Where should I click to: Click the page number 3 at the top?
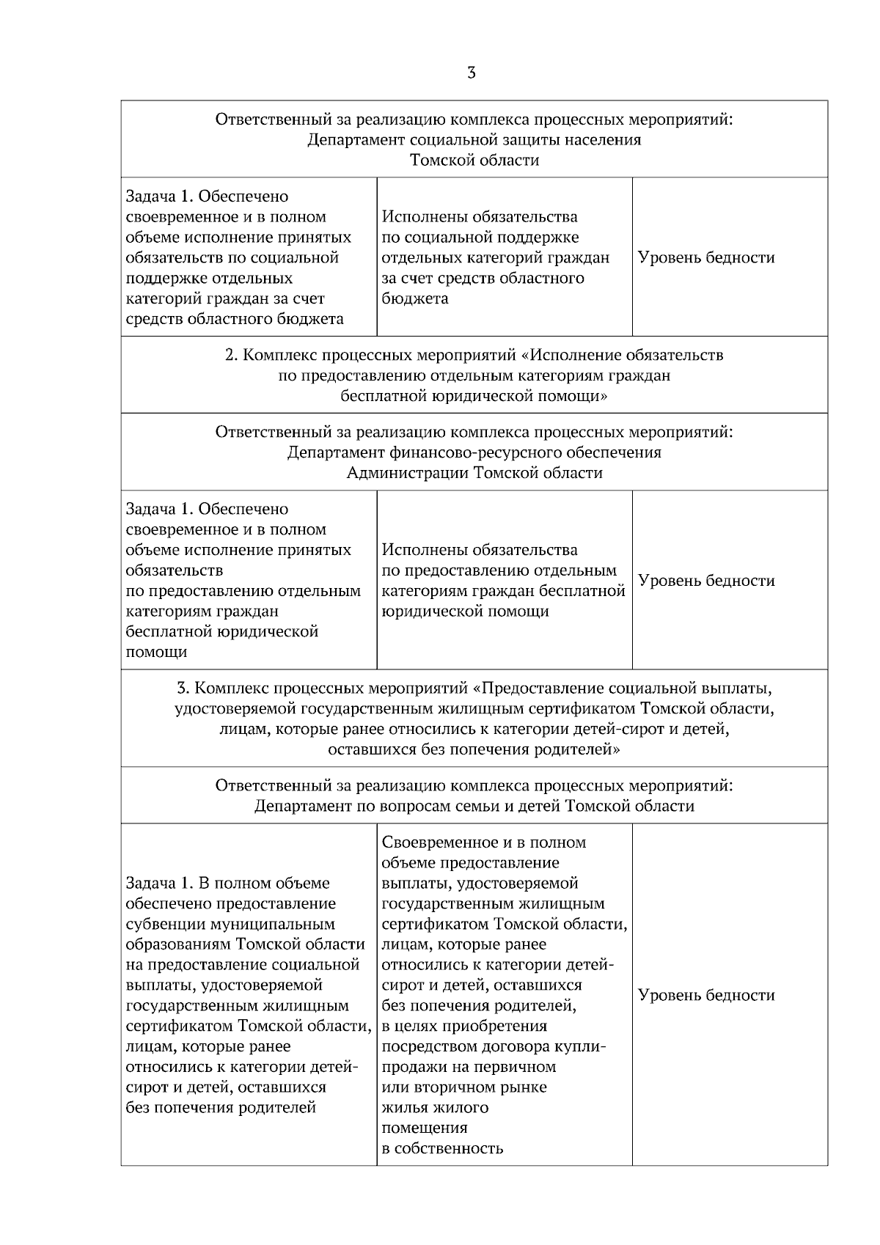point(471,73)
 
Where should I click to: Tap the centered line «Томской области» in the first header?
point(474,161)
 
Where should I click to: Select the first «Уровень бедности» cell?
point(706,257)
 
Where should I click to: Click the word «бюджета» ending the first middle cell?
point(415,299)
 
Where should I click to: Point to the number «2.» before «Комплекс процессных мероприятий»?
point(231,356)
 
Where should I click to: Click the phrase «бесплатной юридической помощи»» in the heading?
point(474,397)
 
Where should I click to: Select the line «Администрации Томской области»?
point(474,473)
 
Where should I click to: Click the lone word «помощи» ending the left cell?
point(156,653)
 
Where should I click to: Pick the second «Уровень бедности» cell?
point(706,581)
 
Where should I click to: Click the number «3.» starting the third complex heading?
point(183,689)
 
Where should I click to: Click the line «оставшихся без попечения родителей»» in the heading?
point(474,750)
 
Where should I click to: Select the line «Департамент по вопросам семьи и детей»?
point(474,807)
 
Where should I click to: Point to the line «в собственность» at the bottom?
point(442,1148)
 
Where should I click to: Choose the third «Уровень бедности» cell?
point(706,995)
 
